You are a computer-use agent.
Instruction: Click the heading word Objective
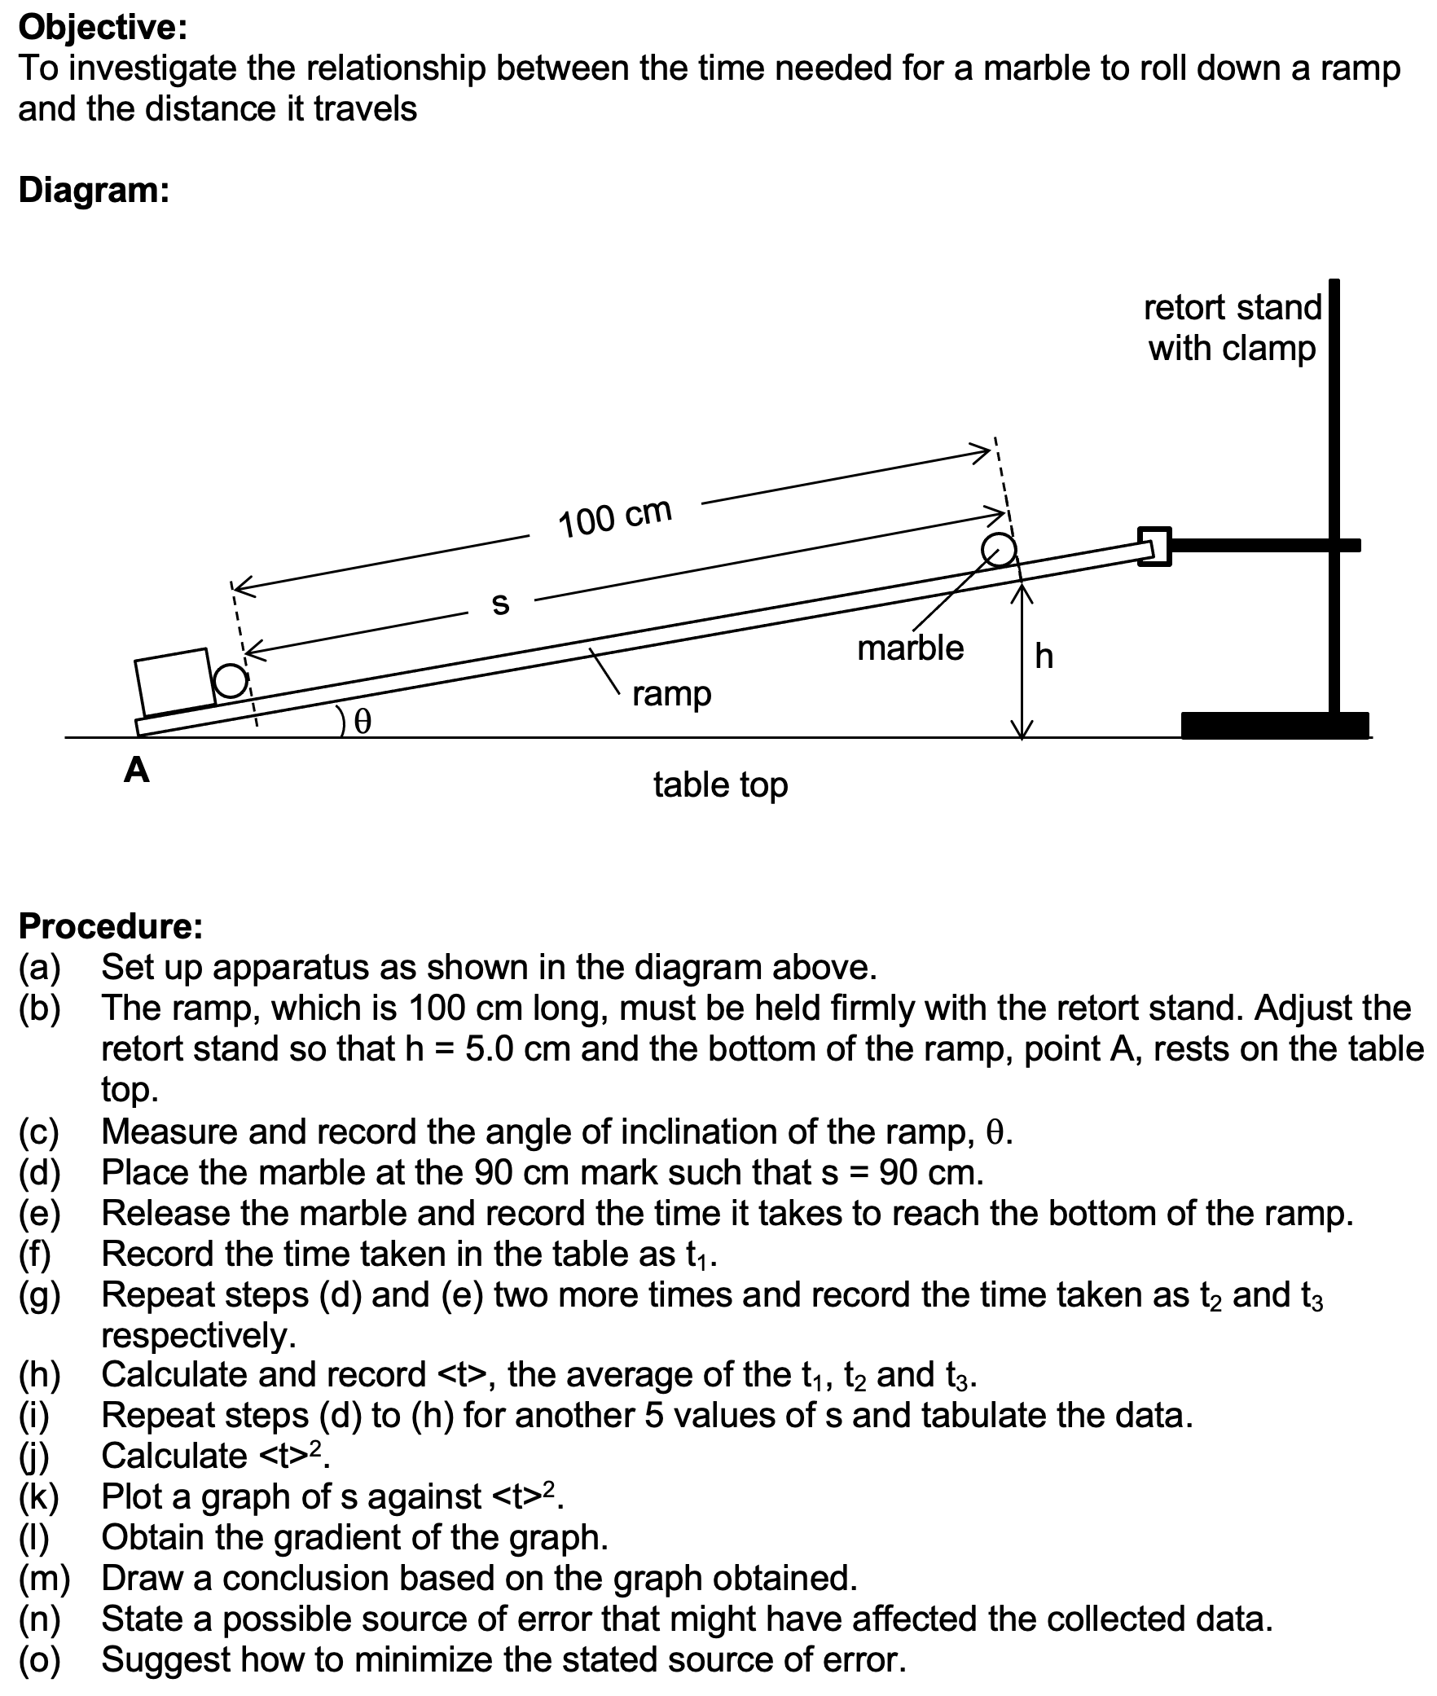point(102,28)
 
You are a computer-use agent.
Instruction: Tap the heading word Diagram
point(94,190)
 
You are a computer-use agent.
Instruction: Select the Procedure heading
point(110,925)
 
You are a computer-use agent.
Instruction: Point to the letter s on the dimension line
point(501,603)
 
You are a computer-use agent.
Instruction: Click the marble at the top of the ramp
point(999,549)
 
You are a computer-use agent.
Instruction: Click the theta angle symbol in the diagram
point(363,720)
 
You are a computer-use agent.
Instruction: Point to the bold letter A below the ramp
point(137,769)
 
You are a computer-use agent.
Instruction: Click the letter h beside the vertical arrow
point(1044,656)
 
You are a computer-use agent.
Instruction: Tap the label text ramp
point(671,694)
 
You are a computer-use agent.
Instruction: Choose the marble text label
point(910,648)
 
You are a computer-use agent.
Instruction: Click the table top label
point(720,784)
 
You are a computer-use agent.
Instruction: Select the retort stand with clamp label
point(1232,327)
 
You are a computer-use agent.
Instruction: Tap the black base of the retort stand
point(1274,725)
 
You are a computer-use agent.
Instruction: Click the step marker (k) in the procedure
point(40,1496)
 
